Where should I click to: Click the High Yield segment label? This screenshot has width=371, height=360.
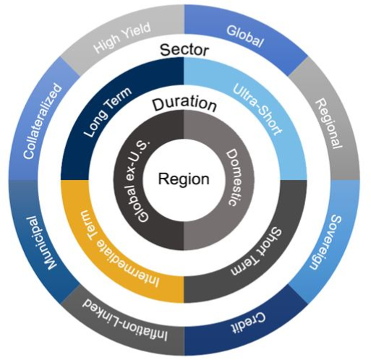coord(122,38)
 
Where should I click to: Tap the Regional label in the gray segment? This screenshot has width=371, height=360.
coord(329,124)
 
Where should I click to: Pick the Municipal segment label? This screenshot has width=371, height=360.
coord(42,243)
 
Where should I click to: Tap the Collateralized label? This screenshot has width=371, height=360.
coord(43,121)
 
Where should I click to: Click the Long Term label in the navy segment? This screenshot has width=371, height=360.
coord(108,112)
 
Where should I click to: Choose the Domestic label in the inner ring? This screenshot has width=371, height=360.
coord(231,178)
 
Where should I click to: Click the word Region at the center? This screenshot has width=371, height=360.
coord(184,179)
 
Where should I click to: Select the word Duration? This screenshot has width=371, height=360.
coord(184,103)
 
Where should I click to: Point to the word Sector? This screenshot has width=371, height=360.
coord(184,50)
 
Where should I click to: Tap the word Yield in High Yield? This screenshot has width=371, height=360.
coord(136,32)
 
